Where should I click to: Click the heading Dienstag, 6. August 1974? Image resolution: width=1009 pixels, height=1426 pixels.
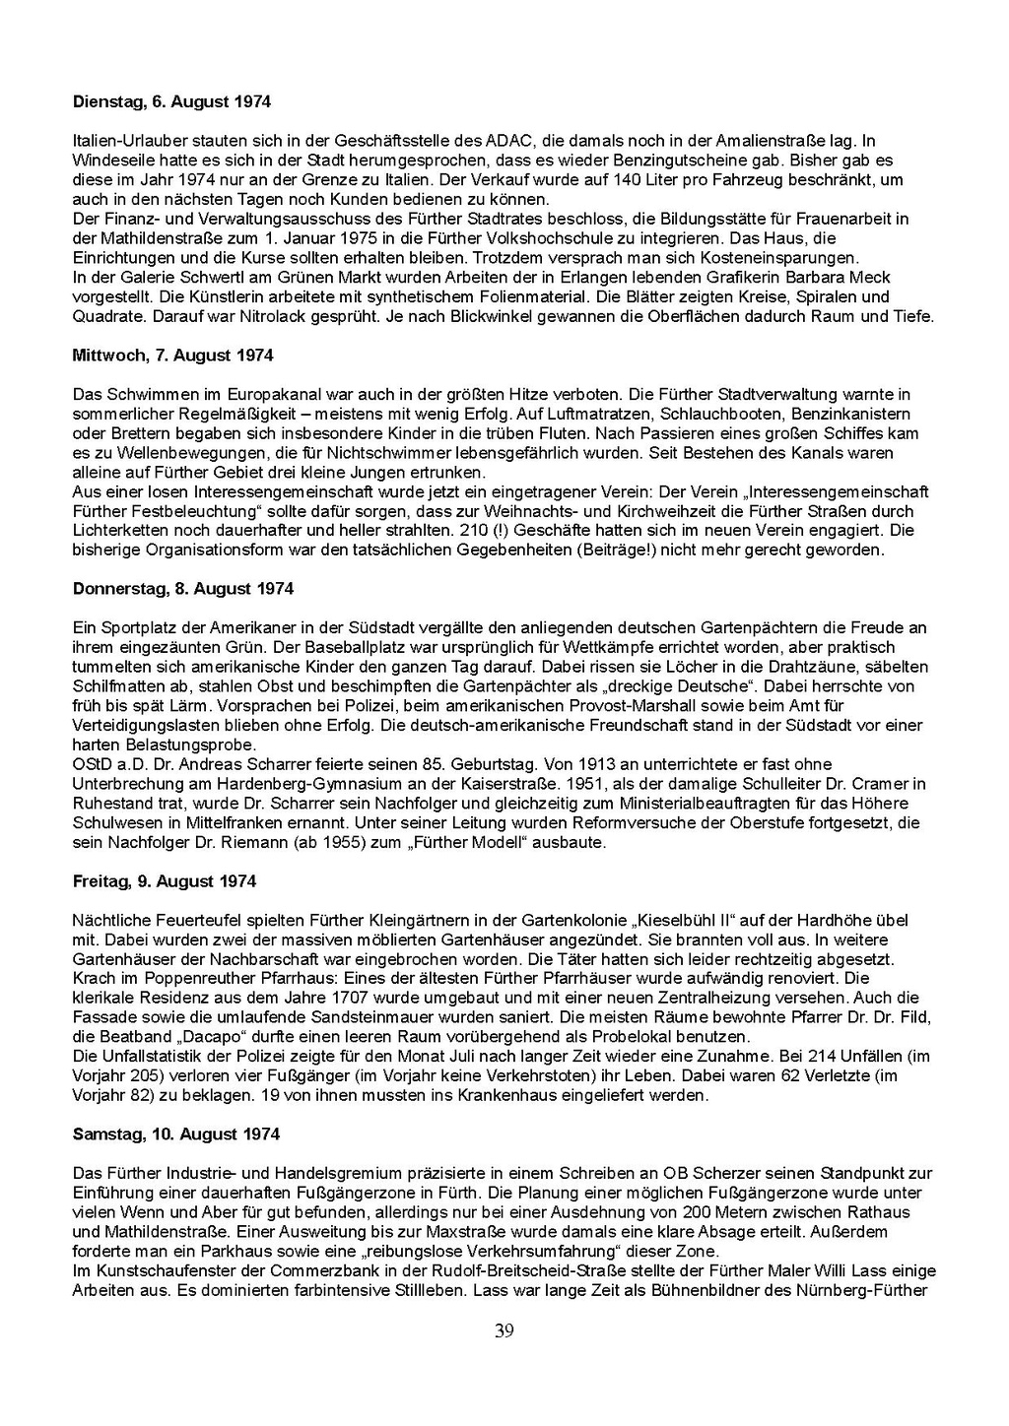(x=171, y=101)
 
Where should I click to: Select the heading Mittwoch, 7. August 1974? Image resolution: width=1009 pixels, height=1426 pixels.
(x=172, y=356)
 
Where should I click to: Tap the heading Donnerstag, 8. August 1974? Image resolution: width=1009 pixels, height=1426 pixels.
(x=183, y=589)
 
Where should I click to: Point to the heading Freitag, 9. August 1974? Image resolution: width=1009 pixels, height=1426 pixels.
(x=164, y=881)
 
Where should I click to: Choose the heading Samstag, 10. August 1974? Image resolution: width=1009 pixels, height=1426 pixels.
(x=176, y=1134)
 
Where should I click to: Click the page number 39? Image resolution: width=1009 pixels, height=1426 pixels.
(x=504, y=1331)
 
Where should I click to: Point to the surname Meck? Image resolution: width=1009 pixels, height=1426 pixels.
(x=867, y=277)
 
